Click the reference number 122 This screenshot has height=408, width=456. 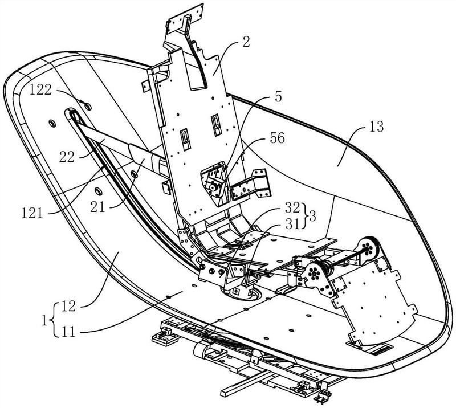(x=40, y=90)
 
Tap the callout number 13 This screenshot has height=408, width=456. (x=377, y=127)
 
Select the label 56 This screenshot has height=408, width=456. (x=277, y=138)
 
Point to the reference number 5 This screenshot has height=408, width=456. (x=278, y=97)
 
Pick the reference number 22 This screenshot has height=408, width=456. (x=67, y=157)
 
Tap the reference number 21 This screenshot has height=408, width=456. (x=97, y=207)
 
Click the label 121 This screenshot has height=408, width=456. (x=32, y=214)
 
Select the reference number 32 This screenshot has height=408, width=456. (x=292, y=207)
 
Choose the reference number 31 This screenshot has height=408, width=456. (x=292, y=223)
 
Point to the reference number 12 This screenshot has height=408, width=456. (x=68, y=306)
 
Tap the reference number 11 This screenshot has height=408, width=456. (x=68, y=331)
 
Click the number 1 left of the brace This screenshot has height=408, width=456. (x=44, y=321)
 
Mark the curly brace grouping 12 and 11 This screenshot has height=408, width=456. (x=54, y=319)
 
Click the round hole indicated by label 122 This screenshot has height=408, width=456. (x=87, y=107)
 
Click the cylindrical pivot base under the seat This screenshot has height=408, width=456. (x=241, y=291)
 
